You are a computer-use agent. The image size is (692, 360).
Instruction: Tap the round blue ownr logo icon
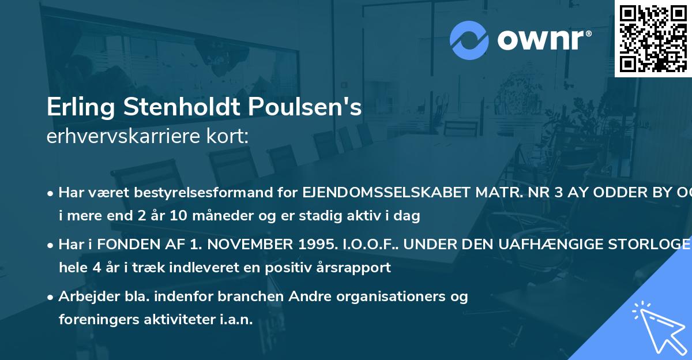click(x=469, y=40)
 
